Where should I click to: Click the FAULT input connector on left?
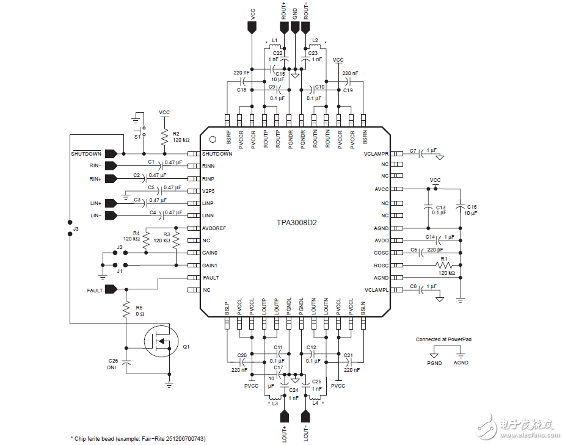click(111, 290)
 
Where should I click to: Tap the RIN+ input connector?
click(111, 178)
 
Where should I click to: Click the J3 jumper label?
click(76, 228)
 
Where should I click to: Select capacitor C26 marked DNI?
click(126, 362)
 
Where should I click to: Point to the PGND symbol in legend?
click(434, 354)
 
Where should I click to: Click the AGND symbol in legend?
click(461, 354)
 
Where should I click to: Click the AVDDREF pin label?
click(214, 228)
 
